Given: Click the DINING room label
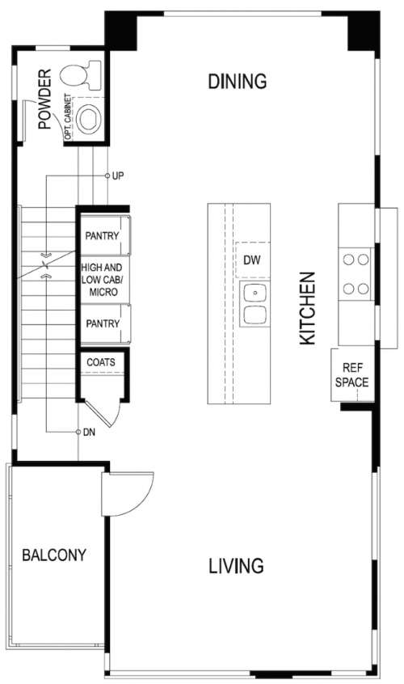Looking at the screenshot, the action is [x=238, y=82].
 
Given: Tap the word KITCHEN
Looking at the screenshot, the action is [x=307, y=308].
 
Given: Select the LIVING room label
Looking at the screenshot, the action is [x=236, y=565].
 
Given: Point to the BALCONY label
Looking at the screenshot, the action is [x=54, y=555].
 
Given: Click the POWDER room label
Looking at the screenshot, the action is [x=44, y=99].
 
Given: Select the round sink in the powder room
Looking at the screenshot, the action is [x=89, y=118].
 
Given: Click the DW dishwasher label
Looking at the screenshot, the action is [x=252, y=260].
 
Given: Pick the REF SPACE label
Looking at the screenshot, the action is [x=351, y=374].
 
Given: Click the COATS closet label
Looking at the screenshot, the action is [x=101, y=362].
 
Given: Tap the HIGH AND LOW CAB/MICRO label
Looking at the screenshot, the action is [x=102, y=280].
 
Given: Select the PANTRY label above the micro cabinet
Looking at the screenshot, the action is [x=102, y=236].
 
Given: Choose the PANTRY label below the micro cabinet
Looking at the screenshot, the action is [x=103, y=323].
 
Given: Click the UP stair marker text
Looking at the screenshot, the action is [x=118, y=175].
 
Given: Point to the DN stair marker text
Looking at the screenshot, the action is [x=89, y=433].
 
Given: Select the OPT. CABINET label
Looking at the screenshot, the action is [x=68, y=117].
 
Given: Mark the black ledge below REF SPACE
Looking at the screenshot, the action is [x=356, y=407].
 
